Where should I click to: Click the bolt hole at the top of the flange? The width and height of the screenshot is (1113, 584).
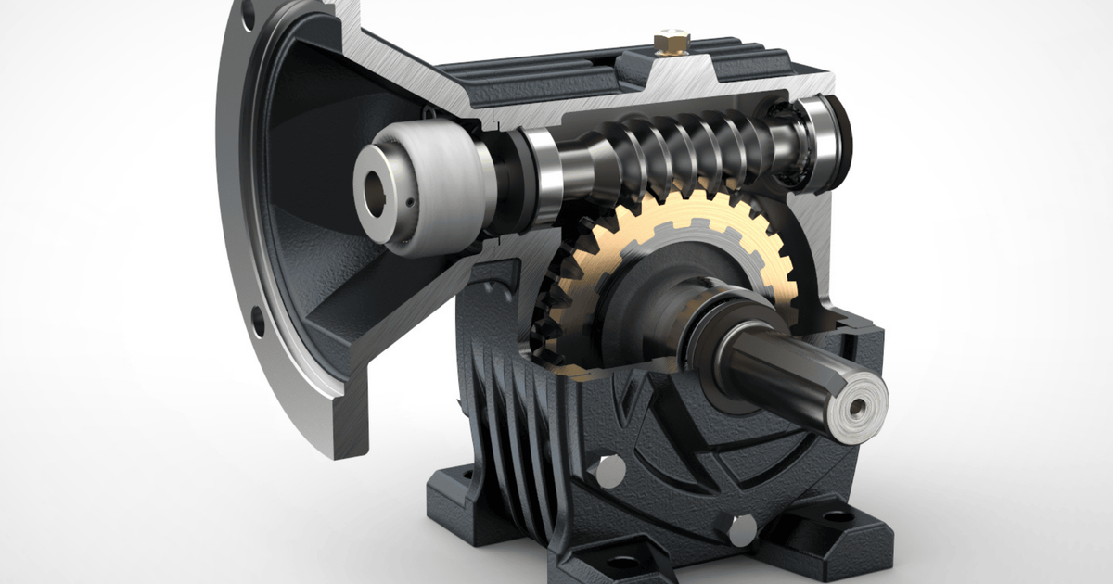point(249,16)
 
